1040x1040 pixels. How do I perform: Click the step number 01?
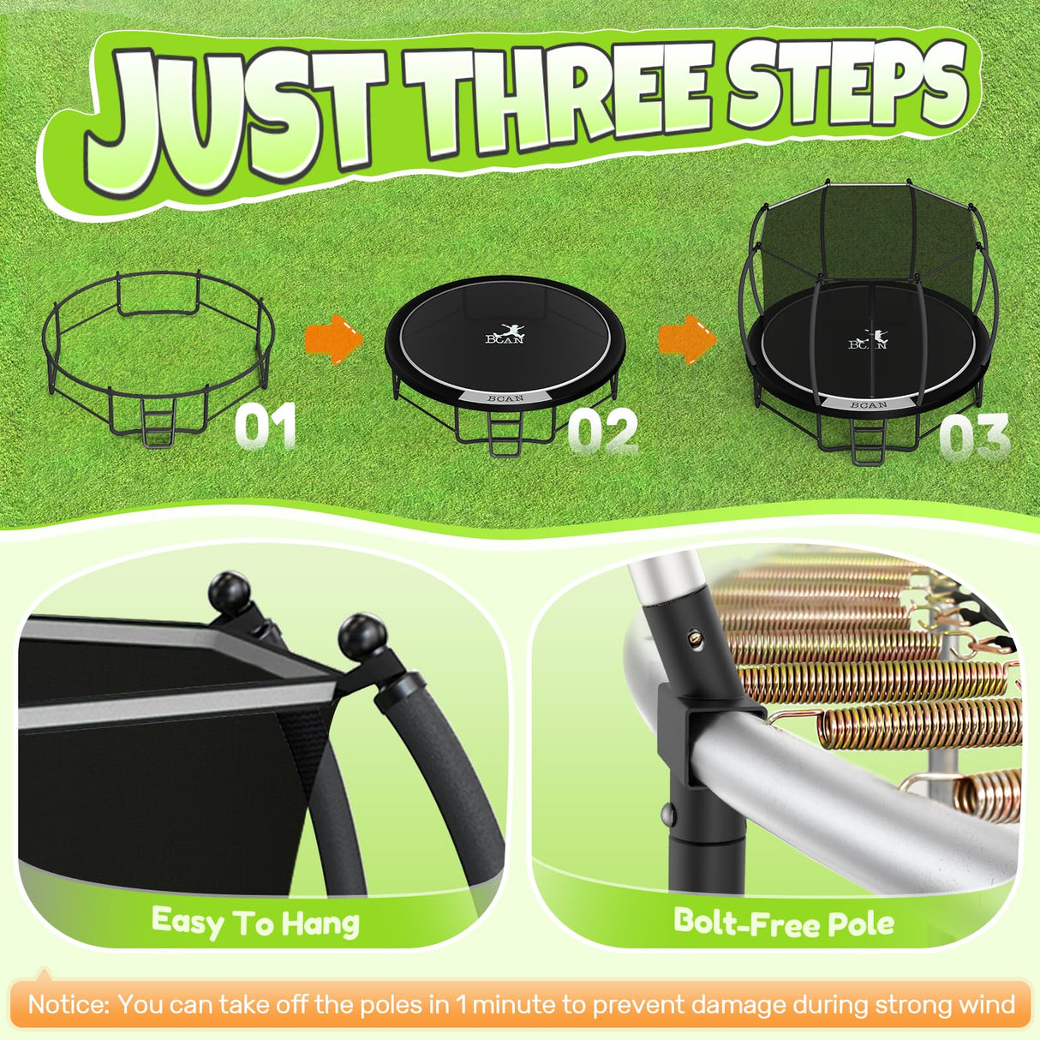point(266,426)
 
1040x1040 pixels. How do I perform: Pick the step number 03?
point(974,437)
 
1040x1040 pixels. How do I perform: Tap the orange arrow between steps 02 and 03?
point(686,338)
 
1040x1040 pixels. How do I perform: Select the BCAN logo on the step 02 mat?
point(505,334)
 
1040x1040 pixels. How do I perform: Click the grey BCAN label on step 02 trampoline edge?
point(505,398)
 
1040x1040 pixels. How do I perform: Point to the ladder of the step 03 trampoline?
point(868,444)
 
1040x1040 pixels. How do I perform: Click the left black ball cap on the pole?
point(230,590)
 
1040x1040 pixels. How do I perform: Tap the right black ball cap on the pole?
point(363,635)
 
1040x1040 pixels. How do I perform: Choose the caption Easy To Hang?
point(255,923)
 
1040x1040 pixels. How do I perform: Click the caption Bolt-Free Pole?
point(784,923)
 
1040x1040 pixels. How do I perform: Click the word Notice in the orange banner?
point(69,1004)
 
